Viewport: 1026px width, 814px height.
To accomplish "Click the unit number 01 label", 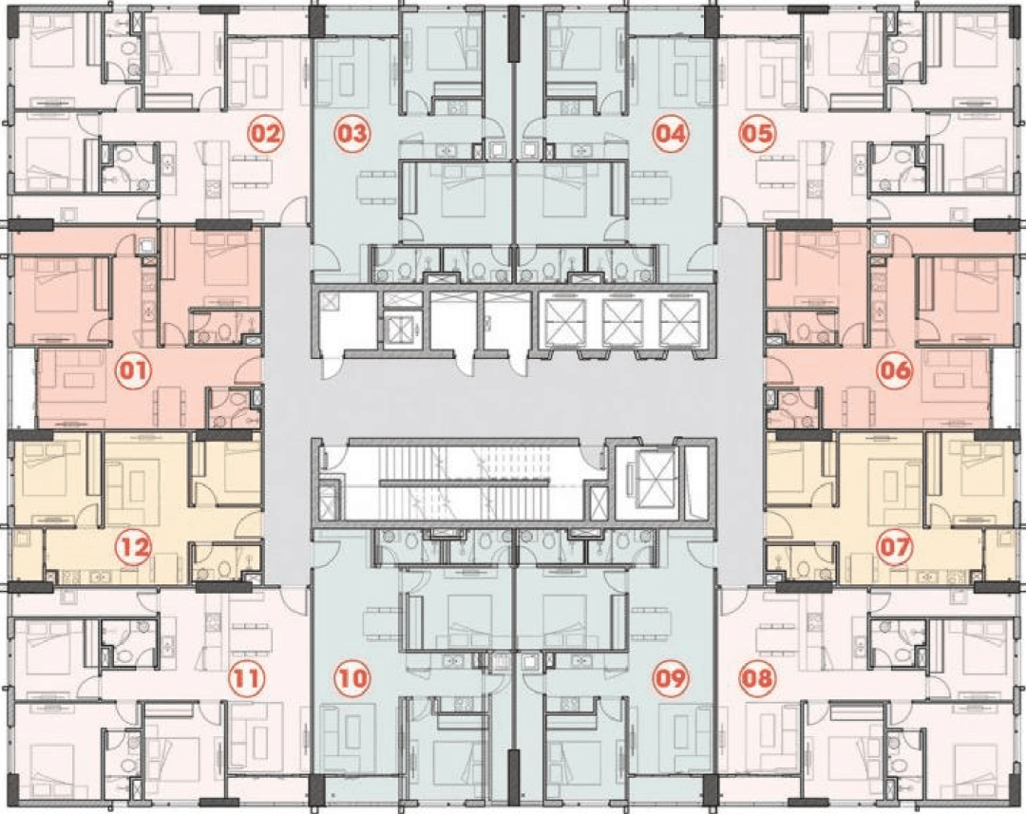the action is (x=134, y=371).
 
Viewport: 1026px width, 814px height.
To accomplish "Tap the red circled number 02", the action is (x=265, y=134).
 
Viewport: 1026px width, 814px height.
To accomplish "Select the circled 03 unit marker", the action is (x=352, y=134).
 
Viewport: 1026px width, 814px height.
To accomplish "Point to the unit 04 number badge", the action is (x=671, y=134).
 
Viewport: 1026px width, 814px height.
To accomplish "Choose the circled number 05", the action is (x=756, y=134).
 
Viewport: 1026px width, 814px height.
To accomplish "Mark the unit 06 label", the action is (x=895, y=371).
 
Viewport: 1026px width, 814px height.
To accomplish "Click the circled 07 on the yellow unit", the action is (x=895, y=546).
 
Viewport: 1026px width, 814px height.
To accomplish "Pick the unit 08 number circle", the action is (x=756, y=677).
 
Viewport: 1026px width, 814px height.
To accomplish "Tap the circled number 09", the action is (x=671, y=677).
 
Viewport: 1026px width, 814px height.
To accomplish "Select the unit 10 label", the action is (x=352, y=677).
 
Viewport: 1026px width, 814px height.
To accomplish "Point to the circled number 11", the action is (x=247, y=677).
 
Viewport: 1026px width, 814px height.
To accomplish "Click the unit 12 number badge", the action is (x=134, y=546).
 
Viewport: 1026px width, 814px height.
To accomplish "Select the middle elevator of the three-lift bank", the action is (x=621, y=322).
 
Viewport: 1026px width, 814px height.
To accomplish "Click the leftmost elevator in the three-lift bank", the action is (x=565, y=322).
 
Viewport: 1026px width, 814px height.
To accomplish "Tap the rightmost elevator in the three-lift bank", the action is (x=679, y=322).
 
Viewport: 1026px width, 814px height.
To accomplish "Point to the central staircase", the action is (x=464, y=483).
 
